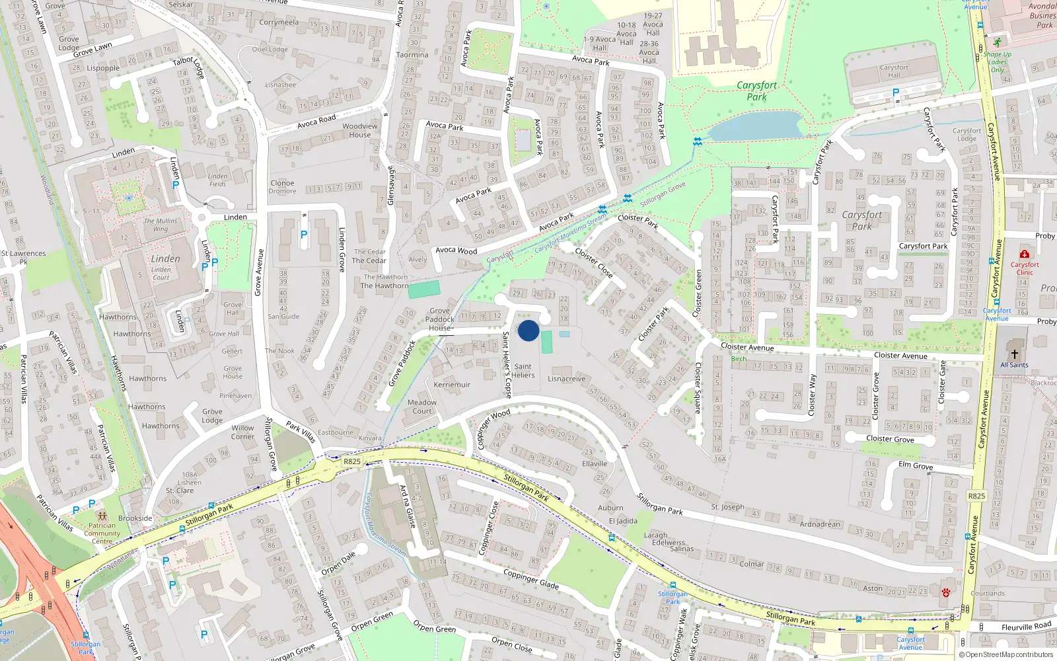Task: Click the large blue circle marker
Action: (528, 330)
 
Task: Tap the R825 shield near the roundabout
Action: (352, 461)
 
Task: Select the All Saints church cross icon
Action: (1015, 354)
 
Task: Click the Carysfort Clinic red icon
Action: (1025, 254)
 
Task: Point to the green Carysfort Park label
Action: (757, 91)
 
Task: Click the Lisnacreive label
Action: (567, 379)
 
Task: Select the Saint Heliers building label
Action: (523, 371)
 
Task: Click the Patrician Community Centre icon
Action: (101, 516)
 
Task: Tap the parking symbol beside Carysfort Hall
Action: (896, 93)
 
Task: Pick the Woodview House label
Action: (360, 130)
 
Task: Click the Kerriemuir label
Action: (452, 385)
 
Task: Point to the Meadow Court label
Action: (422, 407)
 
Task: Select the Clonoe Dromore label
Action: (282, 187)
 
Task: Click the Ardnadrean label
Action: (820, 524)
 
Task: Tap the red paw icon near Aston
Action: (945, 593)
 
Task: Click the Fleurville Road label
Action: (1026, 627)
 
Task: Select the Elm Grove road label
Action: (916, 465)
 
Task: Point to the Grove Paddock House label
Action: (440, 319)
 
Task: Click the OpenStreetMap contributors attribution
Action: (1006, 654)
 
